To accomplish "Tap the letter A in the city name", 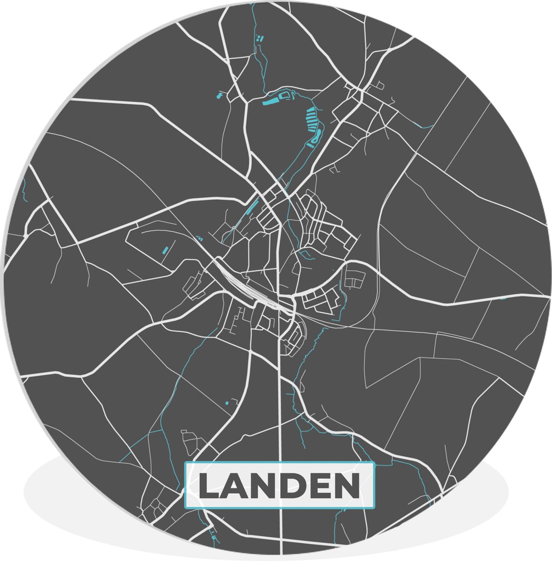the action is click(x=237, y=486).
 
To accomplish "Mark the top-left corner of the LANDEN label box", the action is click(x=185, y=463).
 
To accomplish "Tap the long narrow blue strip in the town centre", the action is click(x=252, y=206).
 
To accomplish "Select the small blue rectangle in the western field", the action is click(x=165, y=248).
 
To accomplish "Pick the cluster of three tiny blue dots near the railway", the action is click(x=200, y=237).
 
